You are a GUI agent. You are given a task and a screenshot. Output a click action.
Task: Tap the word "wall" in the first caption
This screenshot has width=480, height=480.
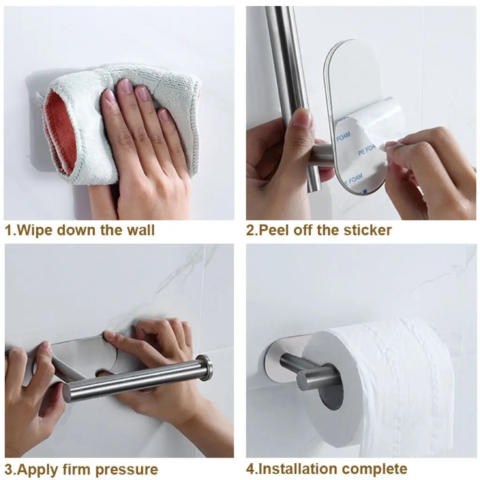click(140, 230)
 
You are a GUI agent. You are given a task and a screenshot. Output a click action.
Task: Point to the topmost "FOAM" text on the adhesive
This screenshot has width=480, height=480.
click(344, 138)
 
